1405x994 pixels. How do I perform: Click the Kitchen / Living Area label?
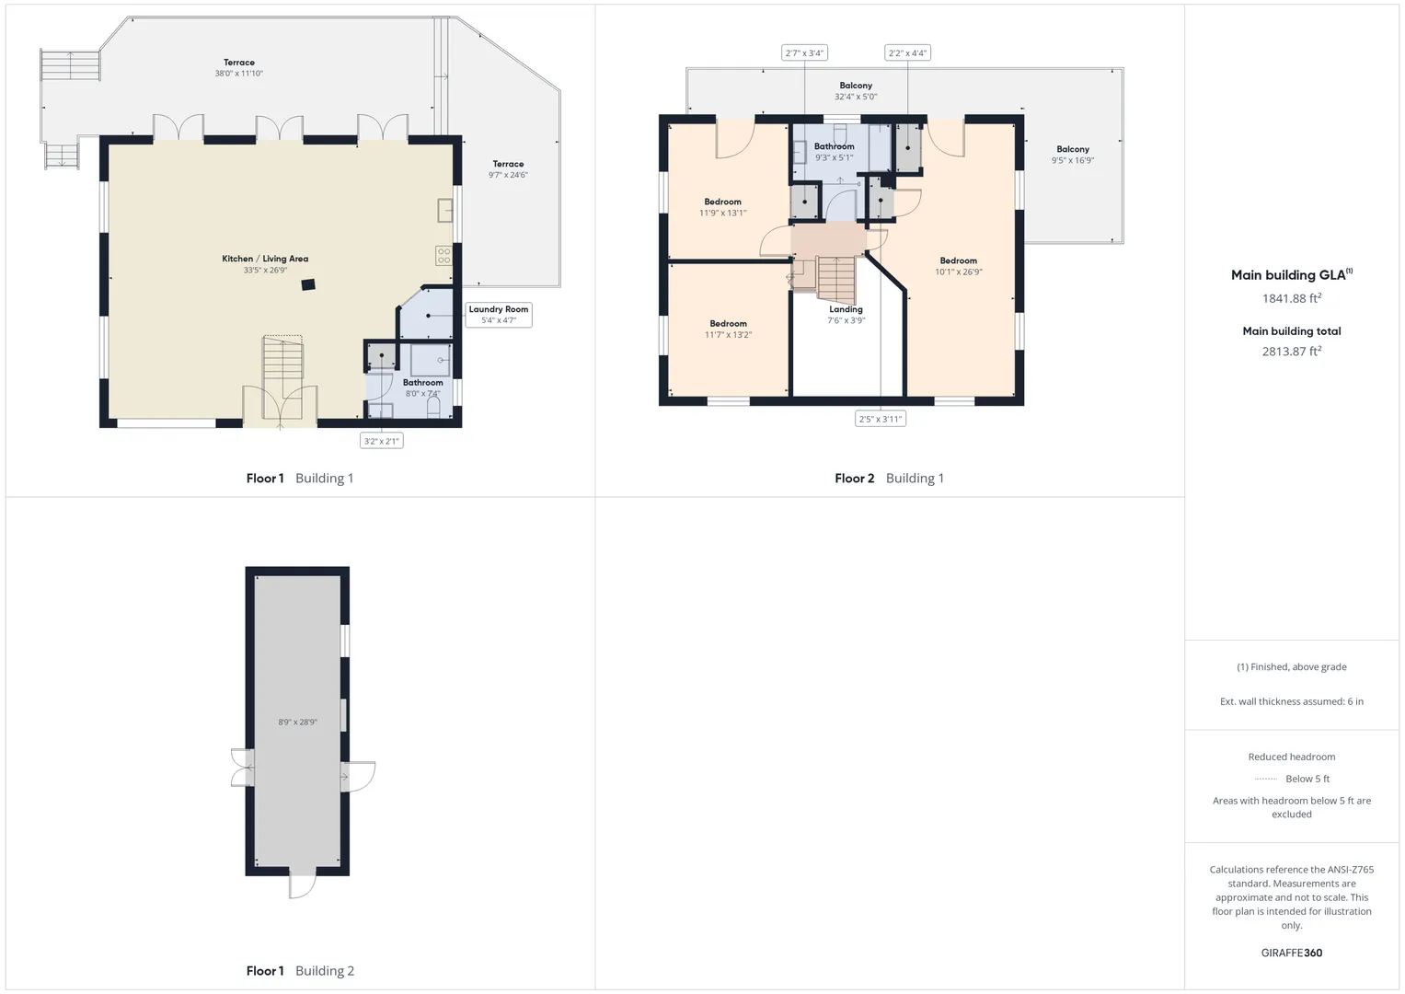click(265, 259)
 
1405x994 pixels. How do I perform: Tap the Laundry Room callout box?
click(499, 315)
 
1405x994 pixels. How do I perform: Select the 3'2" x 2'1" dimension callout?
click(381, 441)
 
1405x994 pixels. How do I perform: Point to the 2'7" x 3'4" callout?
click(804, 52)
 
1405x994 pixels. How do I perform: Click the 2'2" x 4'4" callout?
click(907, 52)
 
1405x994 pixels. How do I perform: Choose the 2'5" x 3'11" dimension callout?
click(880, 419)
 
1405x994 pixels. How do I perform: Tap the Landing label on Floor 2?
click(846, 309)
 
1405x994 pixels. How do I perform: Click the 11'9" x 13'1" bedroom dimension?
click(722, 213)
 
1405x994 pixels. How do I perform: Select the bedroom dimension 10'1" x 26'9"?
click(959, 272)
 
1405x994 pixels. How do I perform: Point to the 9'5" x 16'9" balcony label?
click(1073, 160)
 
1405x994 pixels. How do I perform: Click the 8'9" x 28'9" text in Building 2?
click(297, 722)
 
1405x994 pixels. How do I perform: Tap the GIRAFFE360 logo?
click(1292, 953)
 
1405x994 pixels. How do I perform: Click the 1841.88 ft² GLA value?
click(1292, 298)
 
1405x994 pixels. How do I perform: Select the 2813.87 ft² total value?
click(1292, 351)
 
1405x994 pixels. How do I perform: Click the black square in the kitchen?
click(308, 285)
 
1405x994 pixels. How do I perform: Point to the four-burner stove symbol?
click(444, 256)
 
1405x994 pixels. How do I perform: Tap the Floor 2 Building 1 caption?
click(889, 479)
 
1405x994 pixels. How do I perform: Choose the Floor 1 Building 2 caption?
click(300, 971)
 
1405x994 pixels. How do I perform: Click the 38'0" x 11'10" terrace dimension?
click(239, 74)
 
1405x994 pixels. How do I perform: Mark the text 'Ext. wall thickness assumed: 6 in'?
click(1292, 701)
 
